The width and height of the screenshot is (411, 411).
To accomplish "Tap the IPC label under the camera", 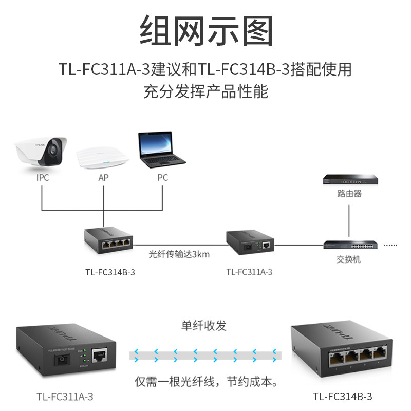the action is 43,178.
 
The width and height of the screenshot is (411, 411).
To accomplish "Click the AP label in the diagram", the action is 103,178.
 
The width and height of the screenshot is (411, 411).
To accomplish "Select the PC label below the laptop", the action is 162,178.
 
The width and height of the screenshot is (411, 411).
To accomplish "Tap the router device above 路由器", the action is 349,179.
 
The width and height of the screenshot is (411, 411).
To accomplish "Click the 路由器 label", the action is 349,194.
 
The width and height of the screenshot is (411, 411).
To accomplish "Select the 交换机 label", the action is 349,259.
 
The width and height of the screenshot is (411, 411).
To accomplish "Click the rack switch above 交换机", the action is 351,245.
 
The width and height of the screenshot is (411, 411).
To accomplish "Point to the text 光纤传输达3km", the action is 179,253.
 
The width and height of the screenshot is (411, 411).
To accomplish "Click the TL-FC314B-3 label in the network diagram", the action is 110,272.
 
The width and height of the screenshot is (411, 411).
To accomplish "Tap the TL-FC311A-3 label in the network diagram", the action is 249,272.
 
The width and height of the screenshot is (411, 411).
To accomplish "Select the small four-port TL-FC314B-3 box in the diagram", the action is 109,240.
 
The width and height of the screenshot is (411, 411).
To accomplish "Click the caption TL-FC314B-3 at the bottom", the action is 342,397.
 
